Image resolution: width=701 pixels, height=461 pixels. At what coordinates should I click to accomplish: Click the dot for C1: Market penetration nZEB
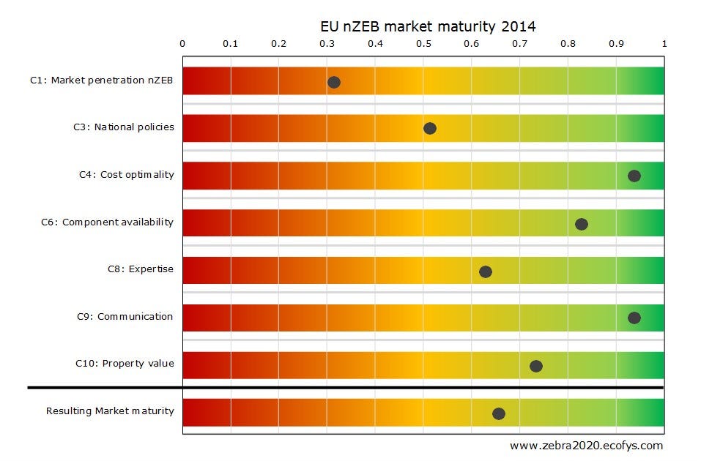pyautogui.click(x=334, y=82)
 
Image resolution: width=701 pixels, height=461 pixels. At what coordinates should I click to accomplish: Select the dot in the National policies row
pyautogui.click(x=430, y=129)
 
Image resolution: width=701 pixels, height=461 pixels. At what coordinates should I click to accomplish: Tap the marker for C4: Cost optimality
pyautogui.click(x=634, y=176)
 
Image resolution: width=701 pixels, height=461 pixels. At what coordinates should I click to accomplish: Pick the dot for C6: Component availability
pyautogui.click(x=582, y=224)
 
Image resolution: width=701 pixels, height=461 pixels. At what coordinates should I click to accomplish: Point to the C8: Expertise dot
pyautogui.click(x=486, y=271)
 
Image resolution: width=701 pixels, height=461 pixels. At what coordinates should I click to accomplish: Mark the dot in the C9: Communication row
pyautogui.click(x=634, y=318)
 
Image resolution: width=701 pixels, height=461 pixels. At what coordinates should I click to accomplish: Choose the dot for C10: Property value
pyautogui.click(x=536, y=366)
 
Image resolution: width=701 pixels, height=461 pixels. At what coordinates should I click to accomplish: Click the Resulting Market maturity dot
pyautogui.click(x=499, y=413)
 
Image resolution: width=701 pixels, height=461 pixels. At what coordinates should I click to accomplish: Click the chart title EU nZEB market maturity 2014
pyautogui.click(x=429, y=27)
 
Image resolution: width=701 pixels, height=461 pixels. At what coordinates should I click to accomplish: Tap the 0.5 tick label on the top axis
pyautogui.click(x=423, y=44)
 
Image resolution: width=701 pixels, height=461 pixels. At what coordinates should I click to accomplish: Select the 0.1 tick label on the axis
pyautogui.click(x=230, y=44)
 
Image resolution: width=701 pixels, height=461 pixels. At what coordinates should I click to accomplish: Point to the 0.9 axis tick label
pyautogui.click(x=616, y=44)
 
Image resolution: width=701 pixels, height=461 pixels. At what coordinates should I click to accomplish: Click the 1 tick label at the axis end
pyautogui.click(x=664, y=44)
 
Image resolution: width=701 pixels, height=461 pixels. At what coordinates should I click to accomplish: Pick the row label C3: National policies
pyautogui.click(x=124, y=127)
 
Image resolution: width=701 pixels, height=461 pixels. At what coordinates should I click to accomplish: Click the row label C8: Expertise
pyautogui.click(x=141, y=269)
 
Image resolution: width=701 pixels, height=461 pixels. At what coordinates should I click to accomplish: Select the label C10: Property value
pyautogui.click(x=125, y=363)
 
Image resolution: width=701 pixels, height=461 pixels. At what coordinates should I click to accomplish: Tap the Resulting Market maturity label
pyautogui.click(x=110, y=411)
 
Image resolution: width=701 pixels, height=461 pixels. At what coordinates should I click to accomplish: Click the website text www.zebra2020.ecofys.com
pyautogui.click(x=586, y=445)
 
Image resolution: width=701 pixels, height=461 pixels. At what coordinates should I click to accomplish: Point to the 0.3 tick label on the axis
pyautogui.click(x=327, y=44)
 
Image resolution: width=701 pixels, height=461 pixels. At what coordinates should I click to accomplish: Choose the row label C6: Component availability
pyautogui.click(x=107, y=222)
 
